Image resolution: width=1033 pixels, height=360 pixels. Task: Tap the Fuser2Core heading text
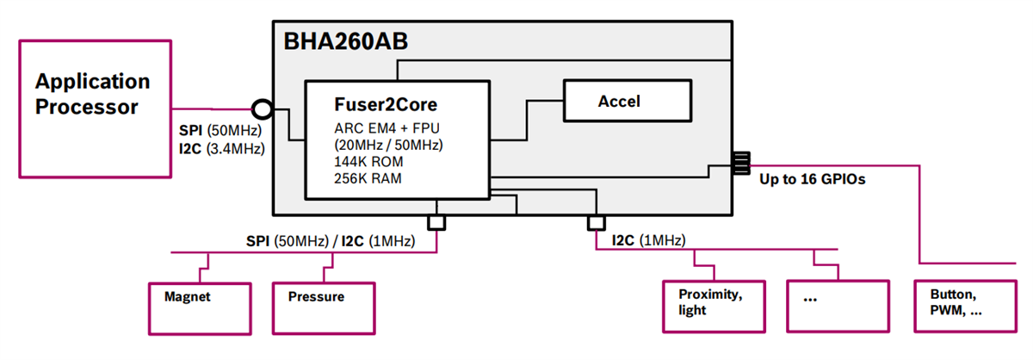click(385, 104)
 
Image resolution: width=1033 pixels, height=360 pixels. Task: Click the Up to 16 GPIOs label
click(811, 181)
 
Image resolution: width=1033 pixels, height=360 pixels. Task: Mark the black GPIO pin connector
click(741, 162)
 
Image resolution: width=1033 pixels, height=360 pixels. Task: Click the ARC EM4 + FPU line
click(383, 127)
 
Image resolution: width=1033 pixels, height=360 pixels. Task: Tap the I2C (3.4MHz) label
click(220, 148)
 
